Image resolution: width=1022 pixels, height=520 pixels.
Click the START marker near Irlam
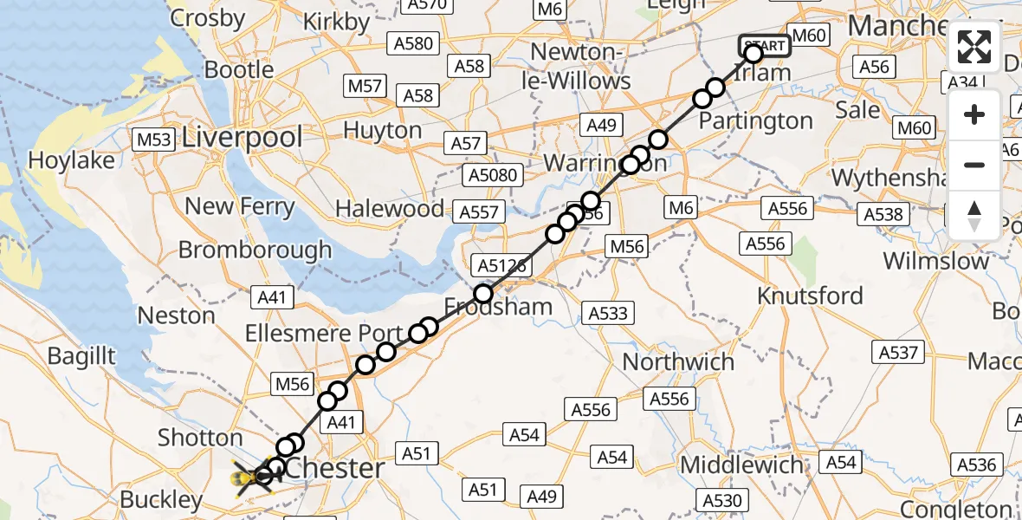(x=763, y=46)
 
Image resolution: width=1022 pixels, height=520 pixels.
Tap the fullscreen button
(x=974, y=47)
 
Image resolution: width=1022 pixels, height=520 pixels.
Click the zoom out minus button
(x=974, y=165)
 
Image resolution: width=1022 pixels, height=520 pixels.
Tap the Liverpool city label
(x=243, y=137)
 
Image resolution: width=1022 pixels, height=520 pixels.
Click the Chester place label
(x=334, y=469)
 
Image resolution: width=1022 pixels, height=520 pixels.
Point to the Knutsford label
(x=810, y=296)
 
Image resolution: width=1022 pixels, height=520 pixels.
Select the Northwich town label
(x=678, y=361)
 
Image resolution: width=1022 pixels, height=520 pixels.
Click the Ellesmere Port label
(x=323, y=334)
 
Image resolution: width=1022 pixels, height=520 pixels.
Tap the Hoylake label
(x=71, y=160)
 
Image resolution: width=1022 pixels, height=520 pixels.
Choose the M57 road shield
(x=365, y=86)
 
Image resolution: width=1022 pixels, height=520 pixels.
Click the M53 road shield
(x=154, y=139)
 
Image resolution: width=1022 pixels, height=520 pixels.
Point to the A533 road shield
(x=607, y=313)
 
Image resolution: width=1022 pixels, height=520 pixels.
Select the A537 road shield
(x=898, y=352)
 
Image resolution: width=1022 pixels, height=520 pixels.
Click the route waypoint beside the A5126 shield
(x=483, y=294)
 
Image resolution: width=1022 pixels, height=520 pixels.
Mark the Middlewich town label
(x=741, y=465)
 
